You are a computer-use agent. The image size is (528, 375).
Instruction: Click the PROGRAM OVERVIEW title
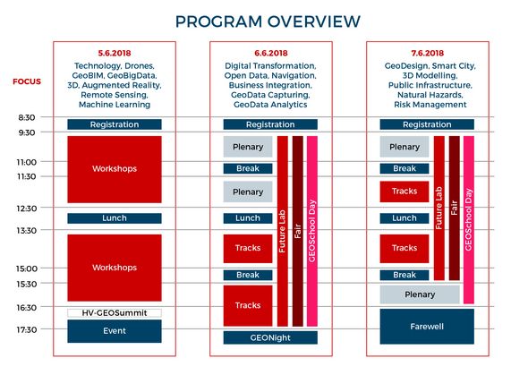(268, 21)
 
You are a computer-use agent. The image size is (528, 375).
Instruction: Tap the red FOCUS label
(27, 81)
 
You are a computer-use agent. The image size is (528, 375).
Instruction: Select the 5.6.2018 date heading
(115, 53)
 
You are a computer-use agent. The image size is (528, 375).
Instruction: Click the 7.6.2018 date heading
(427, 53)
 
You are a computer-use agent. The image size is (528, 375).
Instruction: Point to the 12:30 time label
(27, 209)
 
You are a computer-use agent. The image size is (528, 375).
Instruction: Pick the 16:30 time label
(27, 307)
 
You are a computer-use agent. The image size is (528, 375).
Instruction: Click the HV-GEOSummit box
(115, 313)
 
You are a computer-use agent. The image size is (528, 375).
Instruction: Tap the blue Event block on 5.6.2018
(115, 331)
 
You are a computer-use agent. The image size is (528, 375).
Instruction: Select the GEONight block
(270, 337)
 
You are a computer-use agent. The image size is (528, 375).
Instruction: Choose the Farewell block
(427, 327)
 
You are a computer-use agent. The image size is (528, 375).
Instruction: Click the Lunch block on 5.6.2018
(115, 218)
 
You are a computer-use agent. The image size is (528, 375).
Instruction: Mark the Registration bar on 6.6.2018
(270, 124)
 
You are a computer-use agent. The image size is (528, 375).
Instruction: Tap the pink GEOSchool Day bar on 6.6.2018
(312, 231)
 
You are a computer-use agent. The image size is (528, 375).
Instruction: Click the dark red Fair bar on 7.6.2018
(455, 208)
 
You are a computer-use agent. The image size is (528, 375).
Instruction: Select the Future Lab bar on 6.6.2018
(283, 231)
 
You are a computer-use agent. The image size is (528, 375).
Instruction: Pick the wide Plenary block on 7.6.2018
(420, 294)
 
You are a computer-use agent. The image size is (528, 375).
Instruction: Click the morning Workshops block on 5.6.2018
(115, 169)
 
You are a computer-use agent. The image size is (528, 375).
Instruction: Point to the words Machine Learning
(115, 105)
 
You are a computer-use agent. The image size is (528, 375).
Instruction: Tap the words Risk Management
(430, 105)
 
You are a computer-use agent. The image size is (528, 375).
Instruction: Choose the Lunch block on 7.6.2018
(405, 218)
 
